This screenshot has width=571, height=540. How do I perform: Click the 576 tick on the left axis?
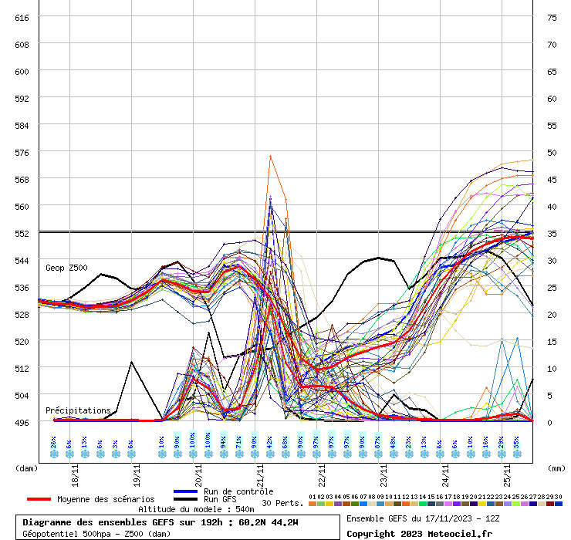point(22,152)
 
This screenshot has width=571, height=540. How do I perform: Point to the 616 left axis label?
point(22,17)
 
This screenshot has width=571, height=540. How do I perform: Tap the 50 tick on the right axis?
point(551,152)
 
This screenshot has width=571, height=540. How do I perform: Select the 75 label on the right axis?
point(551,17)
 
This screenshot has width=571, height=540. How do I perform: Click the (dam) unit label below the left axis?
point(27,467)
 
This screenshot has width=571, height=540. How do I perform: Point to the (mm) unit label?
point(556,467)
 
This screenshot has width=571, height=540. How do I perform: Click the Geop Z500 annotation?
point(66,268)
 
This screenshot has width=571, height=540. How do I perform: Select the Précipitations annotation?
point(78,410)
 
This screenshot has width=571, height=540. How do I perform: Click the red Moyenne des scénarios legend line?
point(39,499)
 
